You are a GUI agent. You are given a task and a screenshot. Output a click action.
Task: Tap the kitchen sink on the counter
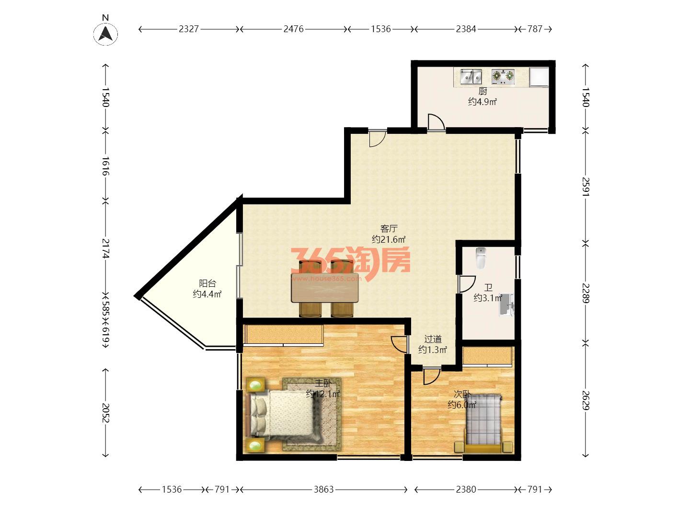pos(471,77)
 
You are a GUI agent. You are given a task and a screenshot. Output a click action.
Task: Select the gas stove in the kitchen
pos(503,77)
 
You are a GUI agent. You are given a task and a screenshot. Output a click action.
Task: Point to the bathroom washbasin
pos(506,305)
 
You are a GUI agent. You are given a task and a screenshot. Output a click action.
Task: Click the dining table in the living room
pos(325,287)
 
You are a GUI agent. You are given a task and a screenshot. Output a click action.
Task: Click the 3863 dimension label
pos(323,489)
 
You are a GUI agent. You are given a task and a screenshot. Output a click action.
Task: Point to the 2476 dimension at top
pos(293,29)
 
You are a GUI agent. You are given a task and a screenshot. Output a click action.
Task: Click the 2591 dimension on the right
pos(586,187)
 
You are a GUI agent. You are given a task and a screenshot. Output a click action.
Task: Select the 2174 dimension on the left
pos(105,248)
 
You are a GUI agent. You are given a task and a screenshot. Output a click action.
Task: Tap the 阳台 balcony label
pos(207,283)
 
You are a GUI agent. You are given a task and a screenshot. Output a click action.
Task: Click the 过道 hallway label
pos(433,339)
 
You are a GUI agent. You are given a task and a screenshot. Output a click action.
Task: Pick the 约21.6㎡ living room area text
pos(389,239)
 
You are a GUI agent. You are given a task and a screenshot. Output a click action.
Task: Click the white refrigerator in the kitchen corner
pos(539,77)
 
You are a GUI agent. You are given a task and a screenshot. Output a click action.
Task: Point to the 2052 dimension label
pos(105,413)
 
